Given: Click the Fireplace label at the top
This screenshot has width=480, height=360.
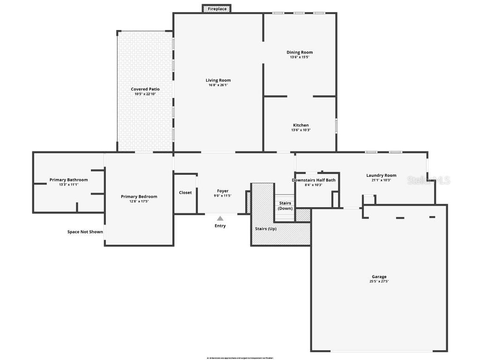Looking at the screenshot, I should pos(217,9).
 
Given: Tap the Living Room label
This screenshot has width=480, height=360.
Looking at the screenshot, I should pos(218,80).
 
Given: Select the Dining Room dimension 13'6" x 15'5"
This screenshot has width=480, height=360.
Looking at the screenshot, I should pos(300,57).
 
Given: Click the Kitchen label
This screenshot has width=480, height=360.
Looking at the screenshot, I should pos(301,125).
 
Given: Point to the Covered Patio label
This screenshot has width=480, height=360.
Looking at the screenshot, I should pos(145,89).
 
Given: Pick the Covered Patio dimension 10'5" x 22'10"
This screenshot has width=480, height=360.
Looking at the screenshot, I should pos(145,94).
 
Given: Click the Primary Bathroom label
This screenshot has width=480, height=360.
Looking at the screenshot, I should pos(68,180).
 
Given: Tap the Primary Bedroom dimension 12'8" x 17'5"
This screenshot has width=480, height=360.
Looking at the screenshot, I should pos(139,202).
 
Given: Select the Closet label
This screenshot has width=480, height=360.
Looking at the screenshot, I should pos(185,193).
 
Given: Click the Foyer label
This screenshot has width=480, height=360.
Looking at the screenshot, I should pos(223,191).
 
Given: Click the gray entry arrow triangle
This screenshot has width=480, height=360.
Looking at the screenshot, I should pos(220,218).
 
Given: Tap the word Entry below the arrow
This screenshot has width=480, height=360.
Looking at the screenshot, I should pos(220,226).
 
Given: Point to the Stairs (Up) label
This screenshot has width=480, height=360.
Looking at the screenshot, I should pos(266,229).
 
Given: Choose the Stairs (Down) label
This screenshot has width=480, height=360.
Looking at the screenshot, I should pos(285,206).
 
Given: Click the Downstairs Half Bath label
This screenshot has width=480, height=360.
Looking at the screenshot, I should pos(314,180).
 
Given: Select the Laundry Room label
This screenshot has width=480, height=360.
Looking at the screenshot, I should pos(381,175).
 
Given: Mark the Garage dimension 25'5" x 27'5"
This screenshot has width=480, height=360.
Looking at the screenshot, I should pos(379,282).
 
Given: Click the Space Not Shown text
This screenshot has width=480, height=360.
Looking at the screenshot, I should pos(85,232).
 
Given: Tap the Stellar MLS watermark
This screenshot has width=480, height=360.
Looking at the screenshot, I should pos(428,180).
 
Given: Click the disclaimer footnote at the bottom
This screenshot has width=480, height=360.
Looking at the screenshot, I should pos(240,358).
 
